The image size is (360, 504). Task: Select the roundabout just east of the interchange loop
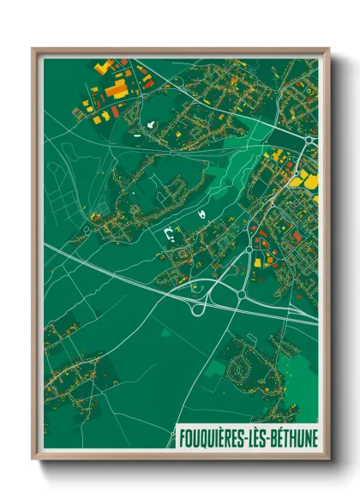(x=241, y=295)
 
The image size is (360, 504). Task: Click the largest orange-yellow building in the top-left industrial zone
(x=115, y=88)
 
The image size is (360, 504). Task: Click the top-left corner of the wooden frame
(x=33, y=49)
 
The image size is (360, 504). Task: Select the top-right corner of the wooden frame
(x=327, y=49)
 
